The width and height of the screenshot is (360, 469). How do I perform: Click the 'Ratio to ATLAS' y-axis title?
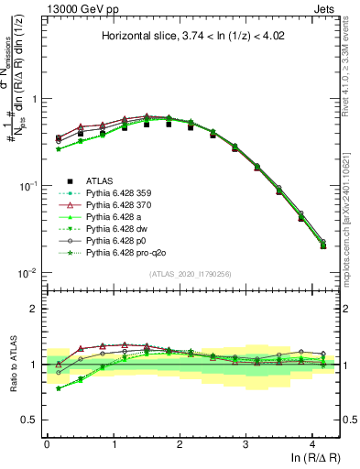click(11, 365)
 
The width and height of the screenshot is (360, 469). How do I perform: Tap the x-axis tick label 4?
click(311, 444)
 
